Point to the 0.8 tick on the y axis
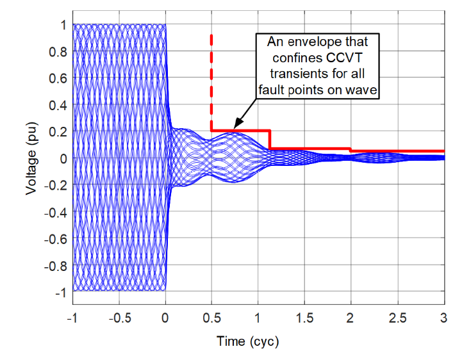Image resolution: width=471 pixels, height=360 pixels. pos(58,51)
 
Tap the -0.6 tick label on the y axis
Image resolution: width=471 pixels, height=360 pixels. pos(54,238)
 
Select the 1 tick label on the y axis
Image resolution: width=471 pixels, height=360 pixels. pos(63,25)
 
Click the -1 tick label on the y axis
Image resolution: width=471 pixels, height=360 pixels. pos(60,291)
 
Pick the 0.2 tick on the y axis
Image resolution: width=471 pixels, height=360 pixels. pos(58,131)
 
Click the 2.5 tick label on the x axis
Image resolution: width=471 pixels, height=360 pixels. pos(397,318)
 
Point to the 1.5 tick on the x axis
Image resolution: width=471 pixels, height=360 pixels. pos(304,318)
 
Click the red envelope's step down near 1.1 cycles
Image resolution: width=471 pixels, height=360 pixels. pos(270,140)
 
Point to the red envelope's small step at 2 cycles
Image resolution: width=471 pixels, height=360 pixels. pos(351,150)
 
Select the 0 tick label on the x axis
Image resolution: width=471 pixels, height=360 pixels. pos(165,318)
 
